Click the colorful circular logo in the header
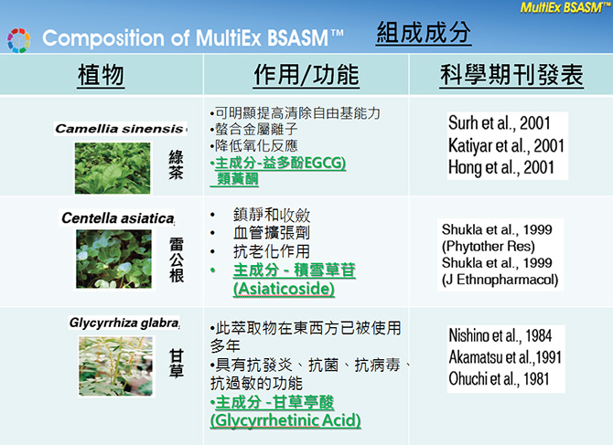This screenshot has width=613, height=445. (x=18, y=40)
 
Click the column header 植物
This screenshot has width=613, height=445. (x=101, y=75)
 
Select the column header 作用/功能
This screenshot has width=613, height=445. (x=306, y=75)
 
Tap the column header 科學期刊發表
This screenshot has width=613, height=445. (x=511, y=75)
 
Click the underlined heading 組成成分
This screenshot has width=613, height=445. (x=424, y=32)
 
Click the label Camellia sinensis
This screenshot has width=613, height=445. (x=119, y=129)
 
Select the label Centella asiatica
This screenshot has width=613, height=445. (x=118, y=217)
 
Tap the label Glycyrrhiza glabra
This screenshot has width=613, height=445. (x=124, y=323)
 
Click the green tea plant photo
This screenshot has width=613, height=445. (x=113, y=168)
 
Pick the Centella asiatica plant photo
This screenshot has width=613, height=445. (x=113, y=260)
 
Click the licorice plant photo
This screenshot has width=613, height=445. (x=115, y=366)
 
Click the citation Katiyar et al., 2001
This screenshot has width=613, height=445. (x=506, y=146)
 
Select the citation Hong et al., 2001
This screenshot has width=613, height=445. (x=501, y=167)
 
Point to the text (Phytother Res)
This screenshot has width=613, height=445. (x=489, y=247)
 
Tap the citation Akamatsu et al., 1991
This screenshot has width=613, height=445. (x=505, y=356)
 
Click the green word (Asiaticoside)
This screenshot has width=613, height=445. (x=284, y=290)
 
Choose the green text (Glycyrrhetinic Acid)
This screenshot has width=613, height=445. (x=285, y=421)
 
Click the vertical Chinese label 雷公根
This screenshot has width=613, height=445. (x=177, y=260)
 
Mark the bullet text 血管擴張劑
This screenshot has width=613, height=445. (x=272, y=233)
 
